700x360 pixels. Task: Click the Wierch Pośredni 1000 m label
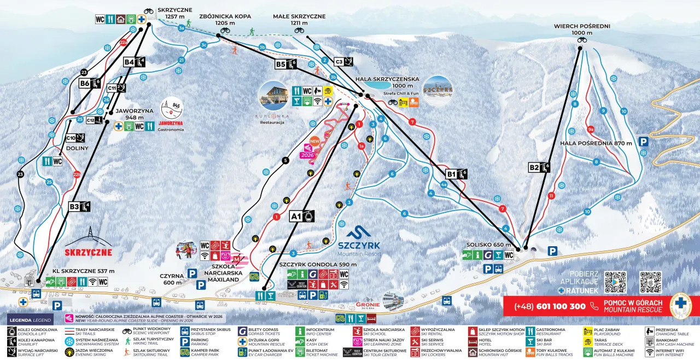582,29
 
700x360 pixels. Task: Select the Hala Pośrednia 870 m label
596,143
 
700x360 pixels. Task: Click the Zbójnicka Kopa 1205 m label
225,20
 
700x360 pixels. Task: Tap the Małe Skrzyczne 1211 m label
299,20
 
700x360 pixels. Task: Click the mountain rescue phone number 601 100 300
550,306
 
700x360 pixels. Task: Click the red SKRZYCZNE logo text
88,252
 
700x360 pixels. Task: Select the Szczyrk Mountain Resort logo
358,241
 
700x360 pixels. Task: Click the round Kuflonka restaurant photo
273,95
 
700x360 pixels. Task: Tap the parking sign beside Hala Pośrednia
644,141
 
